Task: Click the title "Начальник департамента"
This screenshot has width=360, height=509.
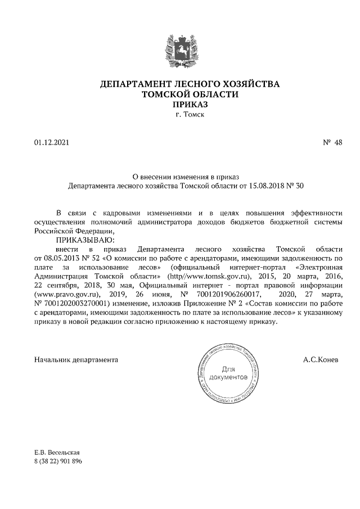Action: point(76,359)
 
